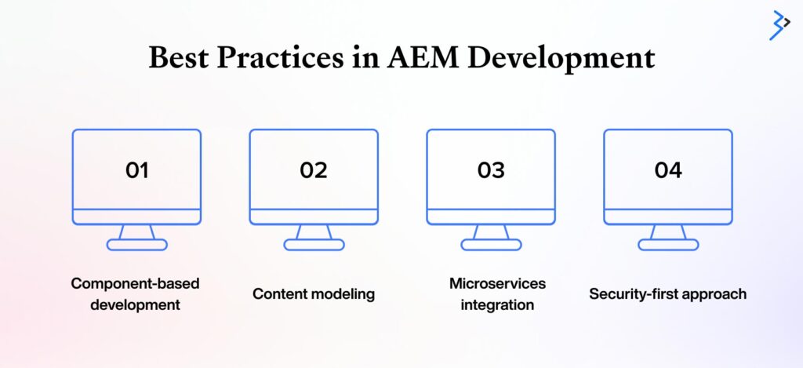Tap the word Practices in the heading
tap(280, 57)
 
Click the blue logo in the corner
tap(779, 24)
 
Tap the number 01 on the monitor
tap(136, 170)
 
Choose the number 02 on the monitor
tap(314, 170)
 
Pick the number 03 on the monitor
tap(491, 170)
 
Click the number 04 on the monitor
tap(668, 170)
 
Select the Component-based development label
tap(135, 294)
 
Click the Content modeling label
tap(314, 294)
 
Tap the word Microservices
tap(497, 283)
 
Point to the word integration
tap(497, 305)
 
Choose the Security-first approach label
tap(668, 294)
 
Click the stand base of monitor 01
tap(136, 245)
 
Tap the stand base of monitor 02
tap(314, 245)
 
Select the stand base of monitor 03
tap(491, 245)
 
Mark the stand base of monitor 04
tap(668, 245)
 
